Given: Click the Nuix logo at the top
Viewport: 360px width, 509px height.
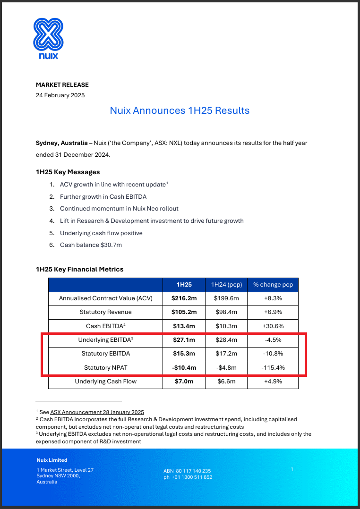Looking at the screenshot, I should [x=48, y=38].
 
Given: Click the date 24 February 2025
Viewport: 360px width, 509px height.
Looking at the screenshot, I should [x=60, y=95].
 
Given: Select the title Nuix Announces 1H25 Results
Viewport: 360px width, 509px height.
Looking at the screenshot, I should [x=180, y=110].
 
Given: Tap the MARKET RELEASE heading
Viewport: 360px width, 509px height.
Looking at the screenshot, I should [x=62, y=85].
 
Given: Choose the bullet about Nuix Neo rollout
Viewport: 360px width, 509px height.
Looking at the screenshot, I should [x=119, y=208].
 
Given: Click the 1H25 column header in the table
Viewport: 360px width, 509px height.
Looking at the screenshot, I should [x=184, y=285].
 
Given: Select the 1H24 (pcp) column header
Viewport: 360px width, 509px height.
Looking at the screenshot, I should [x=226, y=285].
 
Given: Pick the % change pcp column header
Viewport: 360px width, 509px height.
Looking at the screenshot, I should [x=273, y=285].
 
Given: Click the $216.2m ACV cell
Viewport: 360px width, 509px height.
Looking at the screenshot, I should [x=184, y=298].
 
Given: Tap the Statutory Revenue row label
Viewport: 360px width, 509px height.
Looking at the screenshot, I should [x=106, y=312].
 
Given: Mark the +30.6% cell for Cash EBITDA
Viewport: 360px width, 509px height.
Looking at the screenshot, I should [x=273, y=326].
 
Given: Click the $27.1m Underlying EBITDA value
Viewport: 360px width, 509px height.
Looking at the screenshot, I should [x=184, y=340].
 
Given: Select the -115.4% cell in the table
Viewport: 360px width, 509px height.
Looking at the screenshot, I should [x=273, y=367].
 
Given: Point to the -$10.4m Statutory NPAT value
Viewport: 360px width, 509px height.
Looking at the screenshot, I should [x=184, y=367].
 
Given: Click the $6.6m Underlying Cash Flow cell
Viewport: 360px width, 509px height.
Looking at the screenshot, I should [x=226, y=381].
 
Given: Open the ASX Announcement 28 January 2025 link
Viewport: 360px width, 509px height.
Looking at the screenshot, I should [x=97, y=412].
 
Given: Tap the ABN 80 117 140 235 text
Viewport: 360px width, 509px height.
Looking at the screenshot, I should [x=187, y=471].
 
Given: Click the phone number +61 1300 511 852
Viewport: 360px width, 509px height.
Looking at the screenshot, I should [x=188, y=477].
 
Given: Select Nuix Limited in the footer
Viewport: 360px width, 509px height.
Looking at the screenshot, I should [x=52, y=460].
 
